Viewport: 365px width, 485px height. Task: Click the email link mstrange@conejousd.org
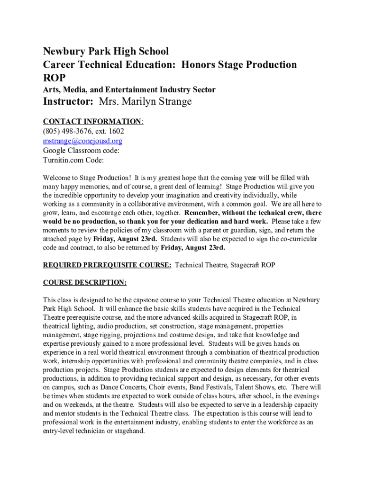[83, 141]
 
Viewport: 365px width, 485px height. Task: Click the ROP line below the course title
[55, 77]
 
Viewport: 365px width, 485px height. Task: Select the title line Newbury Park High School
[106, 51]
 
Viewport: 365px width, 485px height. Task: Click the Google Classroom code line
[81, 150]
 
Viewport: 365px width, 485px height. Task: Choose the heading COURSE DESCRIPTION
[85, 283]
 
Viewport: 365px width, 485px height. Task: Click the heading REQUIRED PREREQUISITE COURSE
[107, 265]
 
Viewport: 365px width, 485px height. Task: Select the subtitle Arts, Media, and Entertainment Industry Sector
[129, 90]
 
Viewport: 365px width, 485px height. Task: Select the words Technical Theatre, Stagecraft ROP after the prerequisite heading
[225, 265]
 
